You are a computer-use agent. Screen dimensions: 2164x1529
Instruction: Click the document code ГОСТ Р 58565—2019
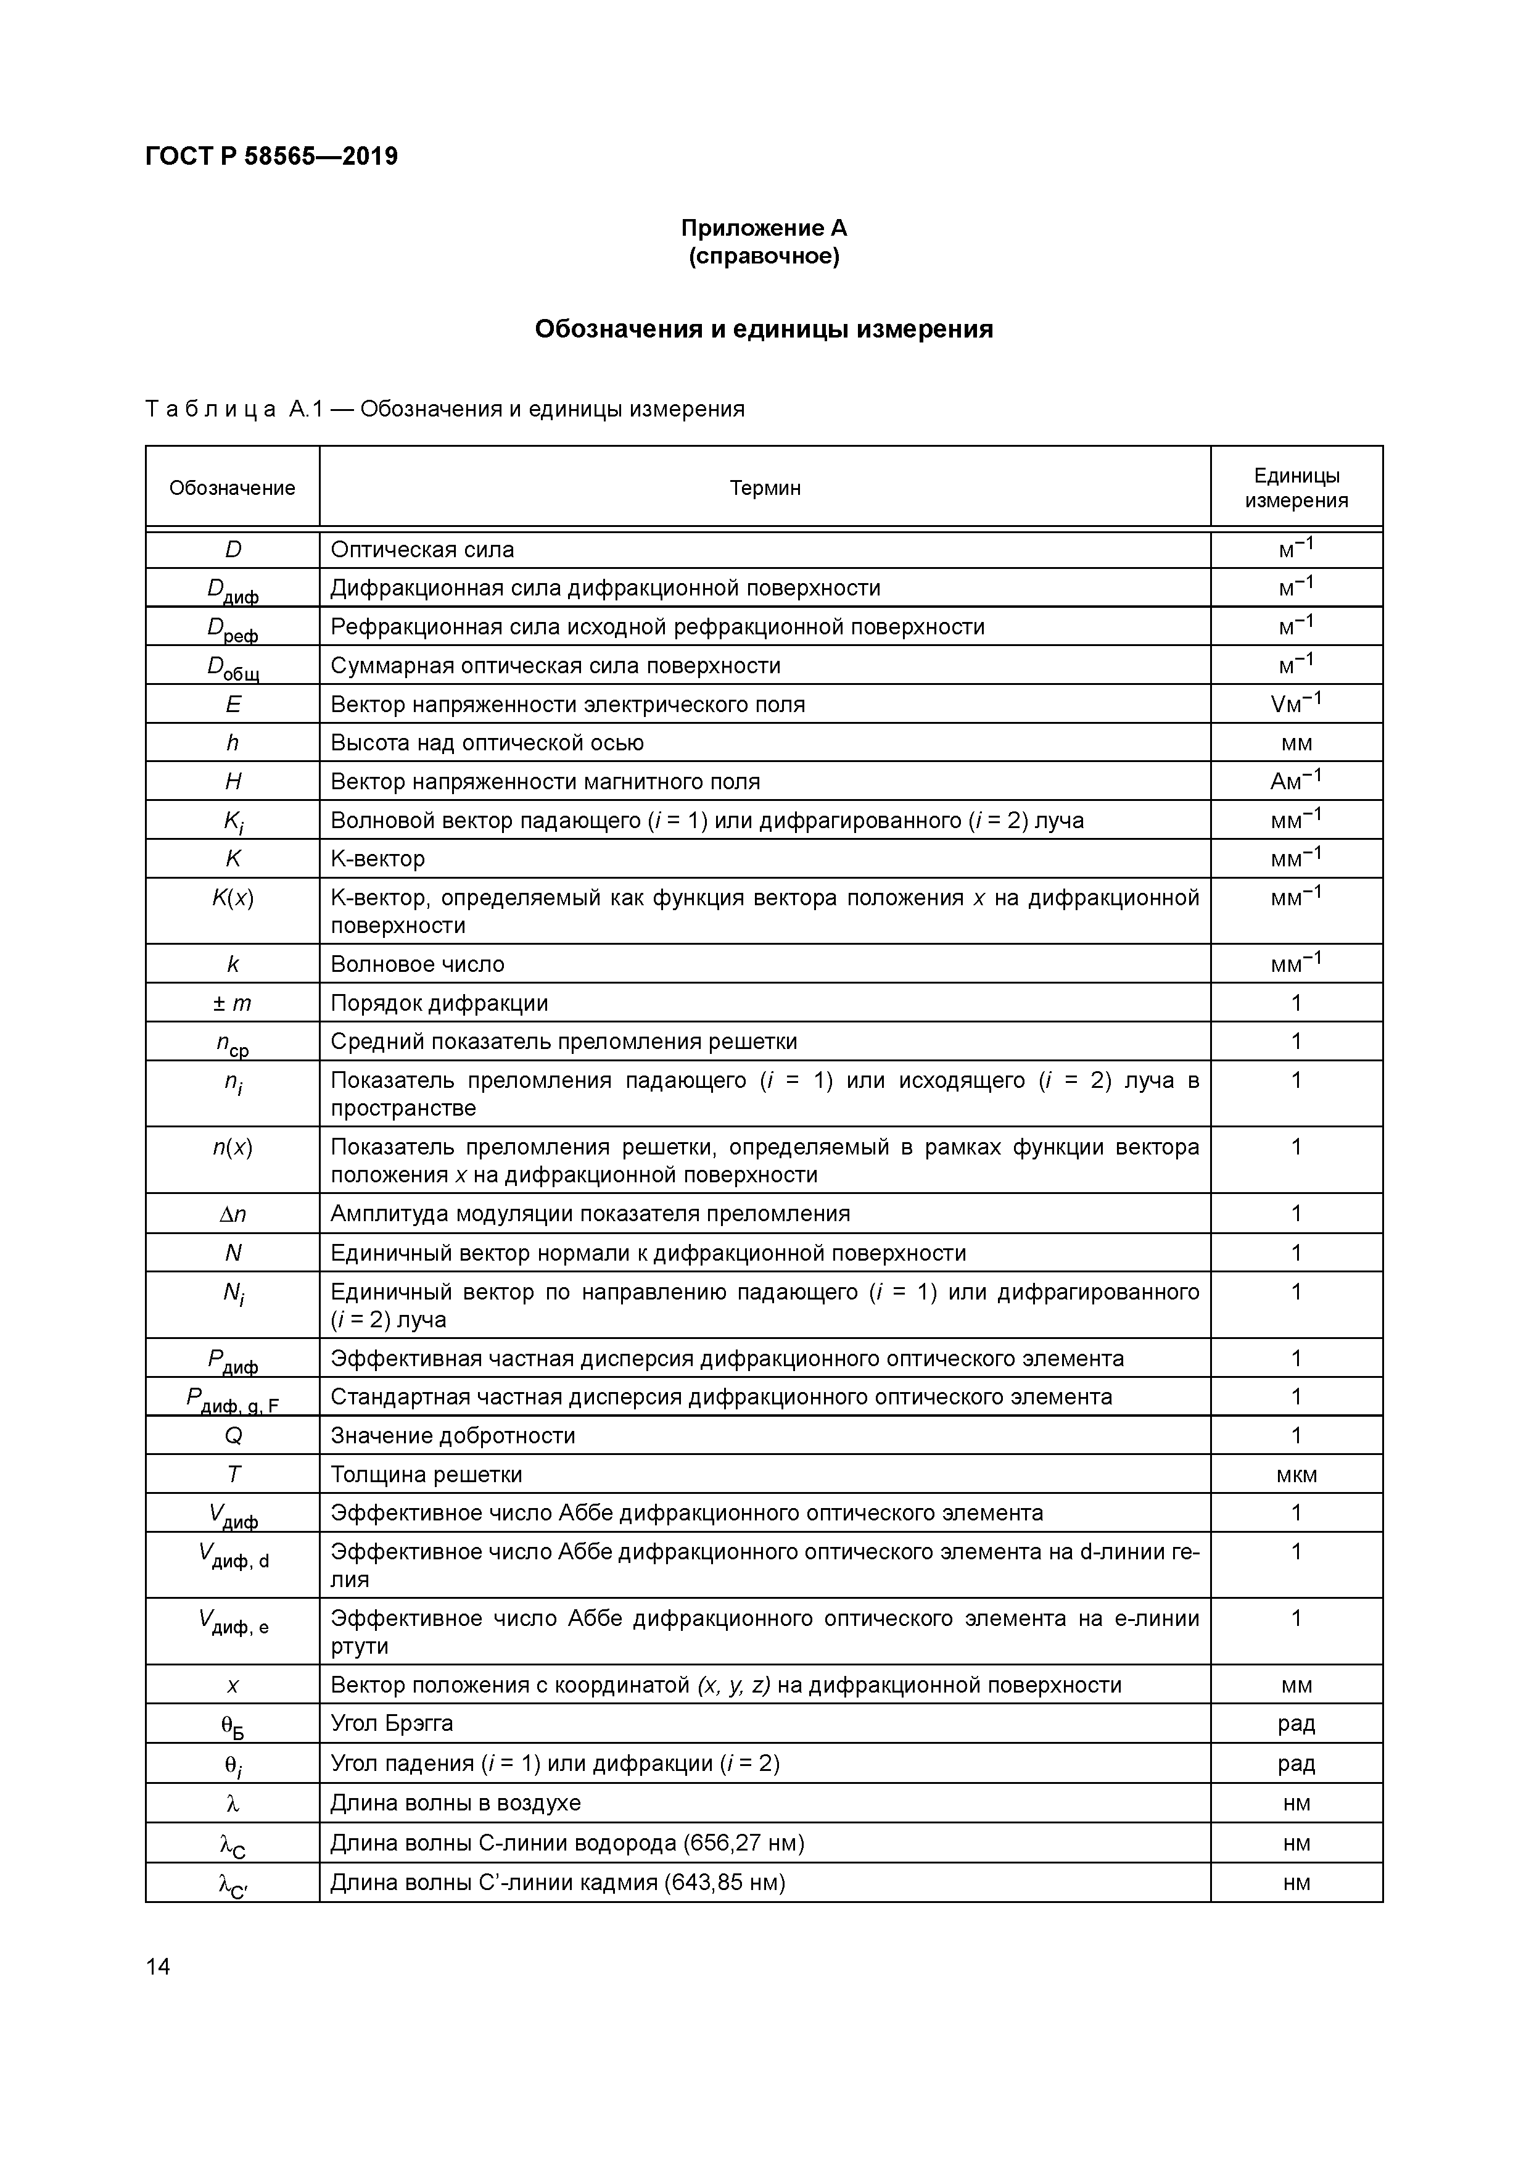(271, 157)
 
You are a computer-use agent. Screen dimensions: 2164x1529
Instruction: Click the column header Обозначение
(232, 487)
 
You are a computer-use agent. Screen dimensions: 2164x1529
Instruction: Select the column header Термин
(764, 487)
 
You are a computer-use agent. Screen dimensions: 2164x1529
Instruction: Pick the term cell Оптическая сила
(422, 549)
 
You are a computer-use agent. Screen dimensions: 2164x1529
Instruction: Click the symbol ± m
(233, 1003)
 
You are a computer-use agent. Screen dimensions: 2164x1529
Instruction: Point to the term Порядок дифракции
(439, 1003)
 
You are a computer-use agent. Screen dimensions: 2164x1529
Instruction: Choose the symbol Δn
(233, 1214)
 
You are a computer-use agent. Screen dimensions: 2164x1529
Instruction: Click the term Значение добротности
(452, 1435)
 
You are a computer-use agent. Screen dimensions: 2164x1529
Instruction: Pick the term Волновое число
(418, 964)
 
